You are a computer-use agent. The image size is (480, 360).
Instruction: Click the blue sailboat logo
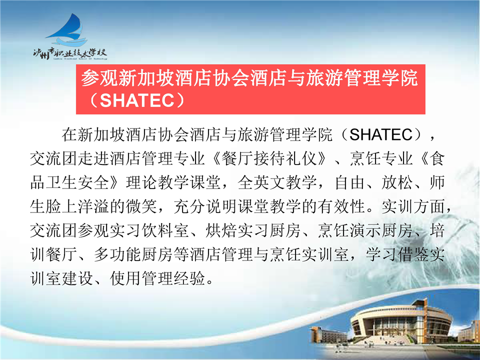(x=68, y=29)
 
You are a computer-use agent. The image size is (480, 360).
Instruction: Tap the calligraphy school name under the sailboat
(x=70, y=53)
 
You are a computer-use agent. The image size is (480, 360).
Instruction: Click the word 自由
(x=349, y=182)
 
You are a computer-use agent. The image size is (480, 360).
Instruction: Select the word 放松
(x=397, y=182)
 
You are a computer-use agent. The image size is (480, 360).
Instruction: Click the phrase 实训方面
(x=413, y=206)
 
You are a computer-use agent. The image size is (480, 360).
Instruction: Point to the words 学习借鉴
(x=397, y=254)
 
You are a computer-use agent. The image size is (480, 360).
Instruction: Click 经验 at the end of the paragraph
(x=189, y=278)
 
